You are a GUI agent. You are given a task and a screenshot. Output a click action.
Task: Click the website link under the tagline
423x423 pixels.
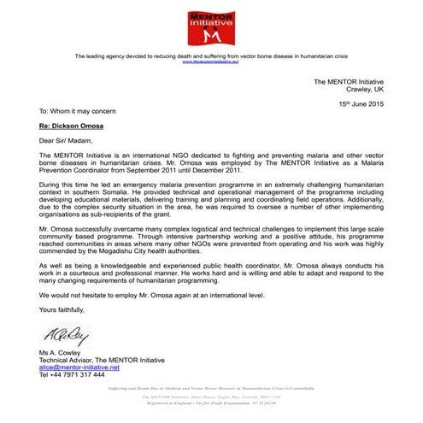pos(211,62)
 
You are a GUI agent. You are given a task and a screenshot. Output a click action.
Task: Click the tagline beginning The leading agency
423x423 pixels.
pos(211,56)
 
